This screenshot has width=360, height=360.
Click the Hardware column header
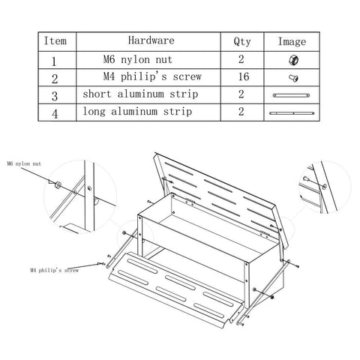click(x=151, y=40)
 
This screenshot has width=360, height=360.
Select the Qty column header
click(x=242, y=41)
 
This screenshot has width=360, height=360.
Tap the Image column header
click(x=292, y=41)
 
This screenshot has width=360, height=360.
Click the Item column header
click(x=55, y=41)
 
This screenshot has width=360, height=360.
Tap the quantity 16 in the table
click(x=244, y=76)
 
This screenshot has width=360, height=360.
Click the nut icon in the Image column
click(x=293, y=60)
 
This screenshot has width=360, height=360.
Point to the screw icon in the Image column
click(x=293, y=78)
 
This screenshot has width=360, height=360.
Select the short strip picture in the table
click(x=291, y=95)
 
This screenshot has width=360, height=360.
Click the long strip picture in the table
click(x=292, y=113)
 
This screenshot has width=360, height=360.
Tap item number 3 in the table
click(x=55, y=97)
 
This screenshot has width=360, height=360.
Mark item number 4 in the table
click(x=55, y=114)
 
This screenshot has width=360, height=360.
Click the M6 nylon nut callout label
click(x=24, y=164)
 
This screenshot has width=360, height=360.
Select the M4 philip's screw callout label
click(x=54, y=270)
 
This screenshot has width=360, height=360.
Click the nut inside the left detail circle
click(x=58, y=185)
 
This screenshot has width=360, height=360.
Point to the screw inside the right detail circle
click(x=305, y=178)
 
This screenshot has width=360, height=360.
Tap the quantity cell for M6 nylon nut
click(x=241, y=59)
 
